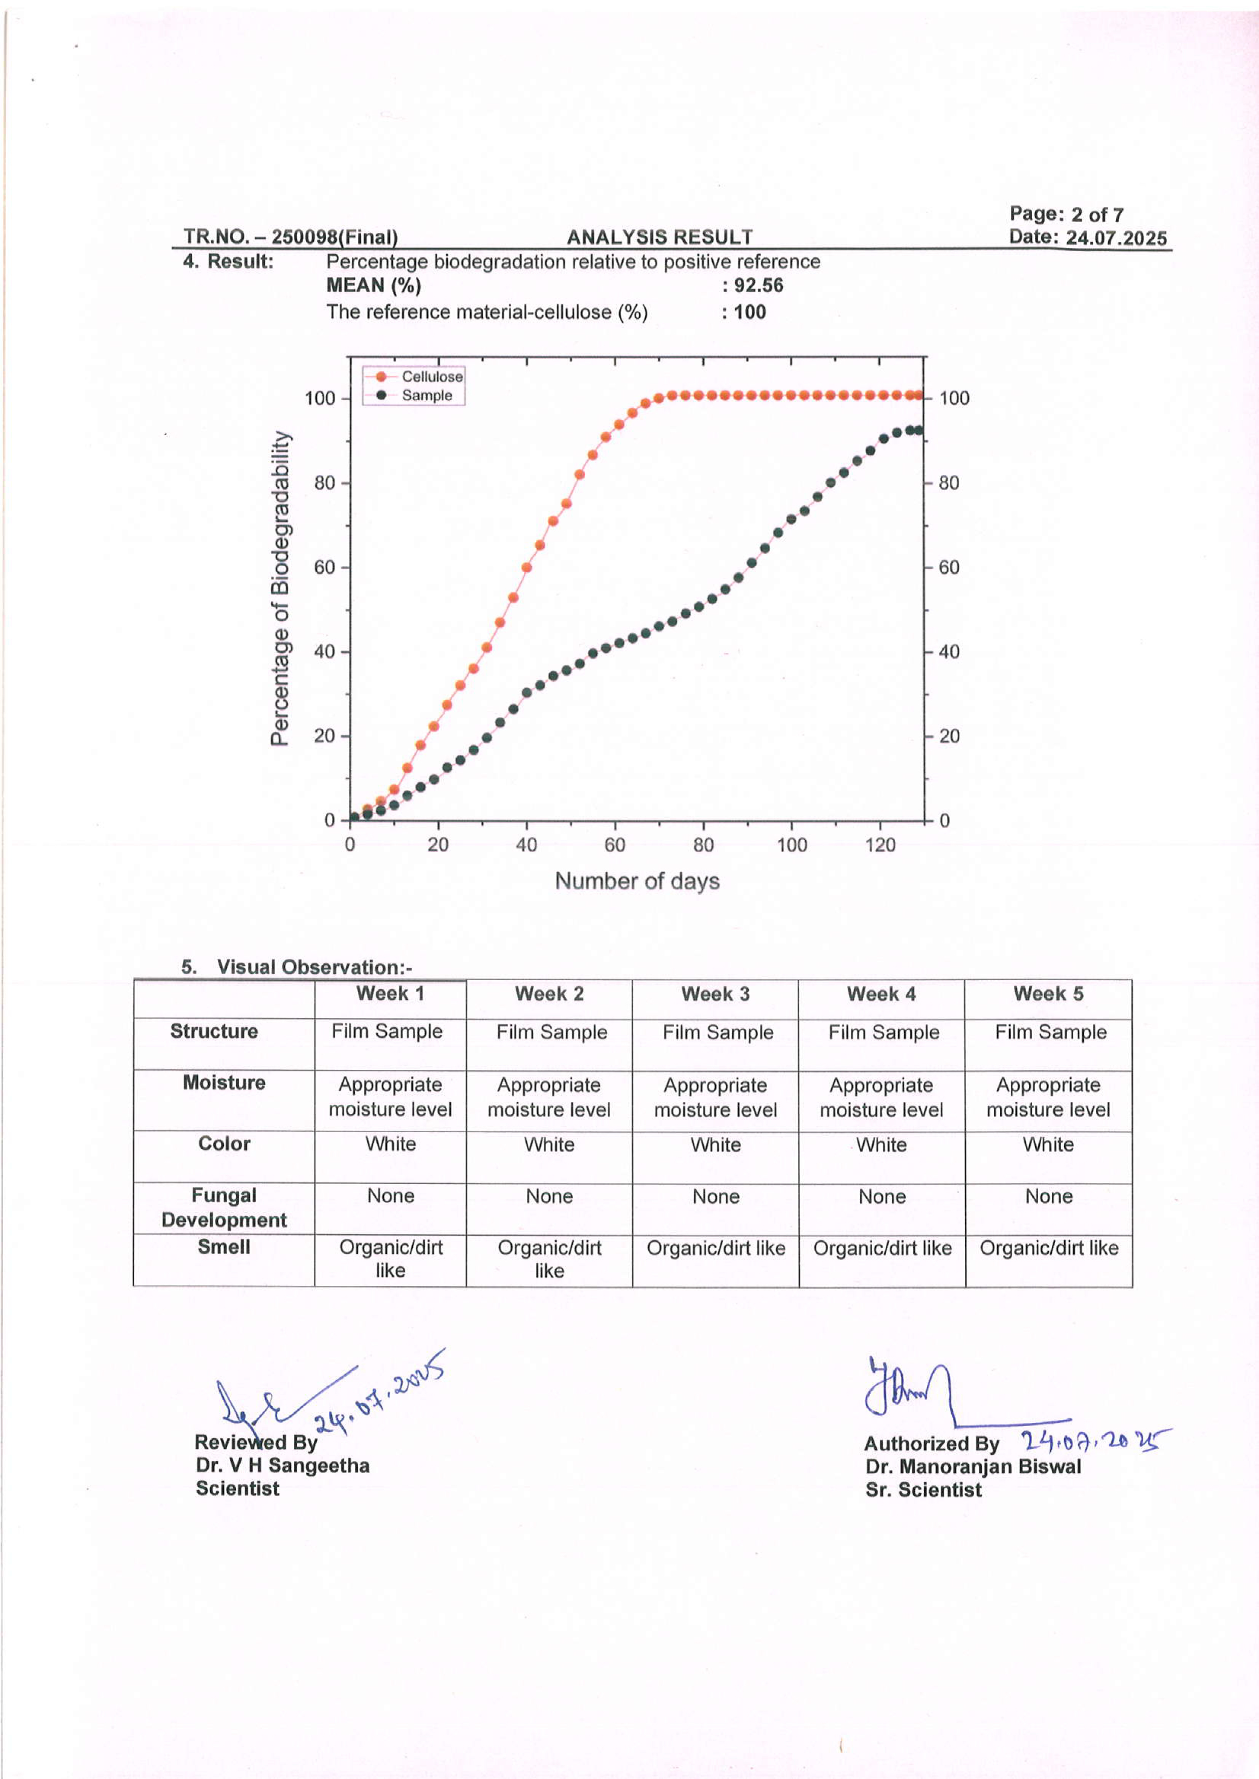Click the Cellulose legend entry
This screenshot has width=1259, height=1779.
pyautogui.click(x=431, y=376)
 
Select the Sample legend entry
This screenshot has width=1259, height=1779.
pyautogui.click(x=426, y=395)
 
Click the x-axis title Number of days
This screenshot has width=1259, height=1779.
pyautogui.click(x=637, y=881)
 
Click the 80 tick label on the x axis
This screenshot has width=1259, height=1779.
pyautogui.click(x=703, y=845)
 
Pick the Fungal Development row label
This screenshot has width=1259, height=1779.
pyautogui.click(x=224, y=1207)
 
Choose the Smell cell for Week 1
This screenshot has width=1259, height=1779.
pyautogui.click(x=391, y=1259)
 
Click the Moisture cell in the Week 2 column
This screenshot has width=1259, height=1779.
pyautogui.click(x=549, y=1097)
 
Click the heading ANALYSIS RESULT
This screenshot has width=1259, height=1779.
pyautogui.click(x=659, y=237)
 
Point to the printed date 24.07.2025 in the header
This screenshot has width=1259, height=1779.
pyautogui.click(x=1115, y=238)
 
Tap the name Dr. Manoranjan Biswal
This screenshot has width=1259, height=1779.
pyautogui.click(x=973, y=1467)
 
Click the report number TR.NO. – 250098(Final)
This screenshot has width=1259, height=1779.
pyautogui.click(x=291, y=237)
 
